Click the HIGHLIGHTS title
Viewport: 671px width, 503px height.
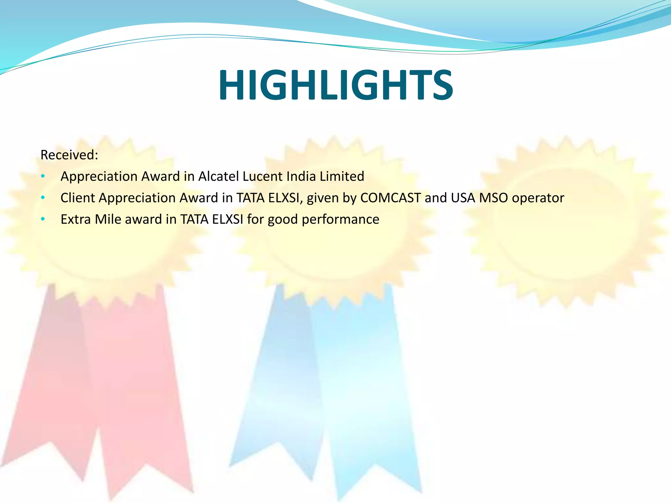(x=335, y=85)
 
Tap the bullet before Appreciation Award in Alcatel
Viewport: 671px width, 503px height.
(x=43, y=177)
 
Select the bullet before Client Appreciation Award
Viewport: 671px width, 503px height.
(x=43, y=198)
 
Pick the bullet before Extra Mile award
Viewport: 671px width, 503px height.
(x=43, y=219)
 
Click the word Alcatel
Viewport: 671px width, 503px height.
(x=219, y=177)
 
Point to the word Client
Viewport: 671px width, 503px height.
(x=78, y=198)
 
